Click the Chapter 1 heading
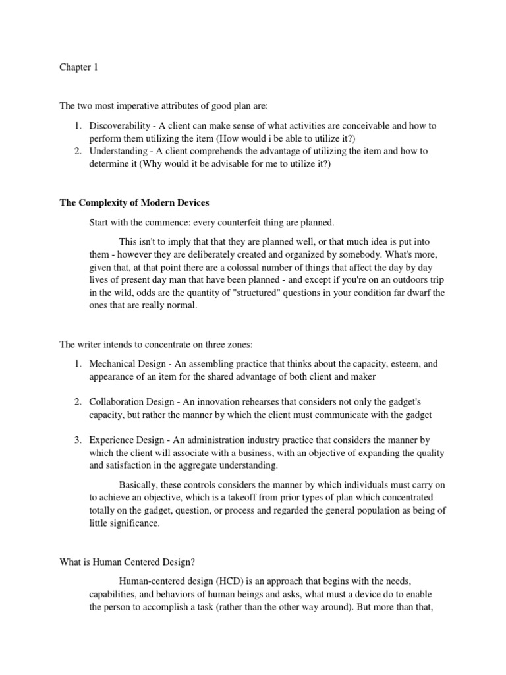coord(78,67)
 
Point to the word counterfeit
coord(247,222)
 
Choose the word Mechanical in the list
coord(114,363)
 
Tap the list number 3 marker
coord(77,440)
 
